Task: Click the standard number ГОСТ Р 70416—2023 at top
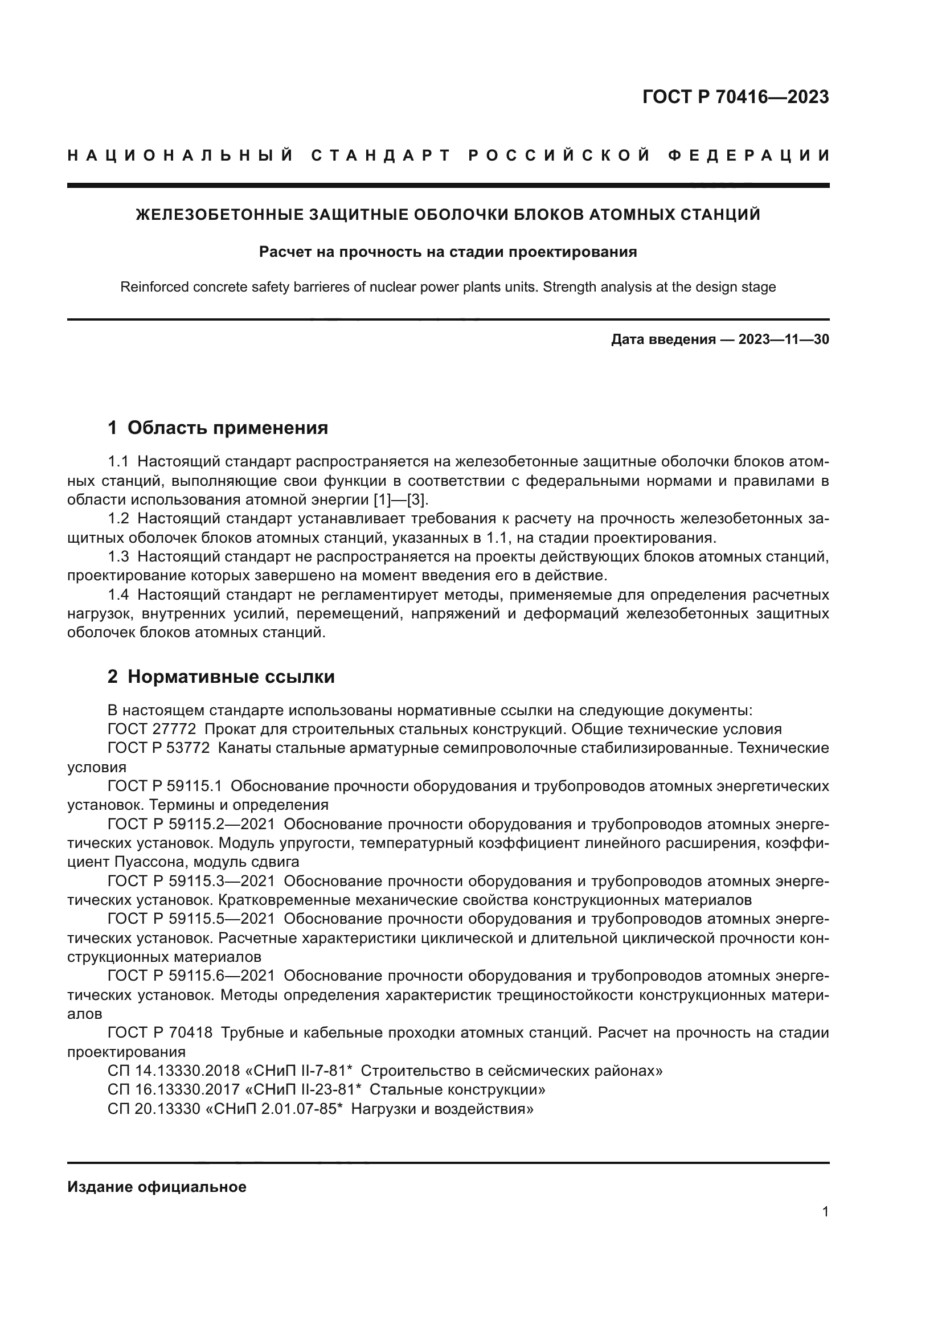tap(735, 97)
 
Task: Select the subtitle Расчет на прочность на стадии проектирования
tap(448, 252)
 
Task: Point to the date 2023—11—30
tap(784, 339)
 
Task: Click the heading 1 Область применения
tap(218, 428)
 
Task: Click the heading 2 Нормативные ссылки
tap(221, 677)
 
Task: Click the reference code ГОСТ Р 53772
tap(158, 748)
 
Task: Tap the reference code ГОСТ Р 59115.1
tap(165, 786)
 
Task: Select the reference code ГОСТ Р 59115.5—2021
tap(191, 919)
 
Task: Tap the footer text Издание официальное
tap(157, 1186)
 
